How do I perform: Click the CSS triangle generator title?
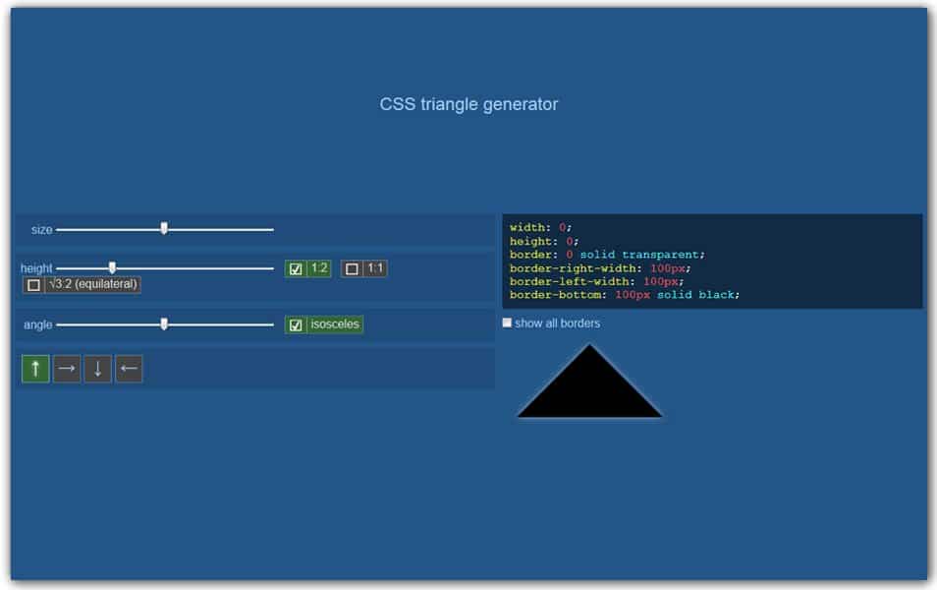coord(468,104)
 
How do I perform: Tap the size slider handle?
coord(164,229)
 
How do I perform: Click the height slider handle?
coord(112,267)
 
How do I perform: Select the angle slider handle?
coord(164,324)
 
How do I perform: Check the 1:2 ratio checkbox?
coord(296,268)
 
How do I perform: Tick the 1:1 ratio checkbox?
coord(352,268)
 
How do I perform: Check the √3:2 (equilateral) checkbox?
coord(33,285)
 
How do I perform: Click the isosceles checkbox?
coord(296,324)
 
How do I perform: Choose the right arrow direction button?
coord(67,369)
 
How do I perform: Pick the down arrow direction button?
coord(97,369)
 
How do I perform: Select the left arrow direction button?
coord(129,369)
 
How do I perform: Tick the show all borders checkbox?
coord(507,323)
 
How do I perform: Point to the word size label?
coord(41,230)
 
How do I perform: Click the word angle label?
coord(38,324)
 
